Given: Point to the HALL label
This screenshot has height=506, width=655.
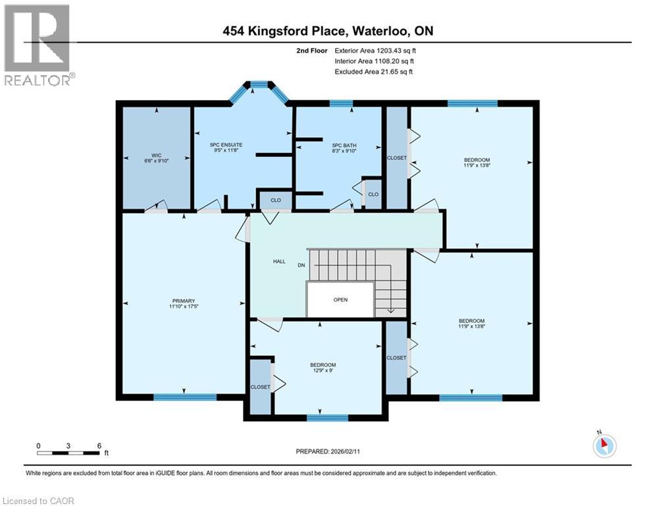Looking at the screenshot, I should coord(279,262).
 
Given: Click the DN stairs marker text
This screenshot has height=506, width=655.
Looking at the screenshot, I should coord(301,265).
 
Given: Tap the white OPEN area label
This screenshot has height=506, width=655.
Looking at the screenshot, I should coord(340,300).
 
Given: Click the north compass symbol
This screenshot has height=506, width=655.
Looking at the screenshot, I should coord(604,445).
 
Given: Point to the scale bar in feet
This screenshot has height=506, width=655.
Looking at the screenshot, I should coord(68,453).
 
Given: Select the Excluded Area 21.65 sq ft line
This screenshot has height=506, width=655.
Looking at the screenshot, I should coord(373,71).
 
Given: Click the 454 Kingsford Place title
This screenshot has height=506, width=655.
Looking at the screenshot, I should coord(328,31).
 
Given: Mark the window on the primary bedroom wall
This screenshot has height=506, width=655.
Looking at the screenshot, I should coord(185,397).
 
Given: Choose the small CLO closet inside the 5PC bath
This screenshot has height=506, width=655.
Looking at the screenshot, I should coord(373,194).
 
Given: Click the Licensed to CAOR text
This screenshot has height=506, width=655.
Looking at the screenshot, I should coord(38,501).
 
